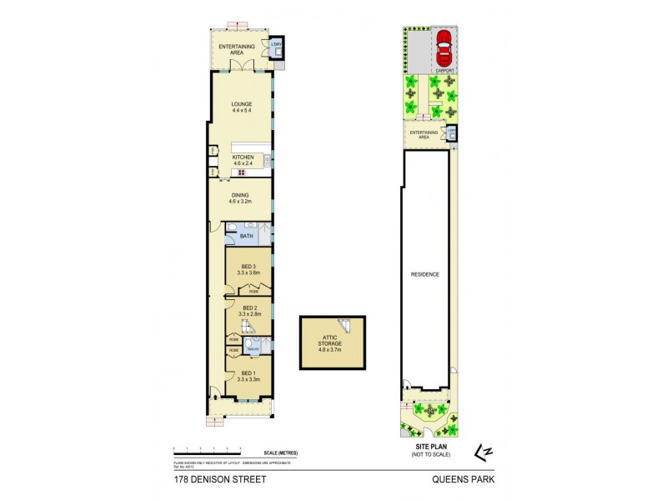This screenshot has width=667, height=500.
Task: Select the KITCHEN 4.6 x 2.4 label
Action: coord(242,159)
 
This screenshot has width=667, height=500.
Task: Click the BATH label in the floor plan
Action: coord(246,237)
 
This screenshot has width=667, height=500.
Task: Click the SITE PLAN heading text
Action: coord(427,447)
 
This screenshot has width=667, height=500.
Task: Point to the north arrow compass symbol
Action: coord(481,451)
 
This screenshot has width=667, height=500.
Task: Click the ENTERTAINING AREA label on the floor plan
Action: coord(238,50)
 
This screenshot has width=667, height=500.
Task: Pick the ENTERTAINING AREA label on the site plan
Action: coord(424,134)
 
